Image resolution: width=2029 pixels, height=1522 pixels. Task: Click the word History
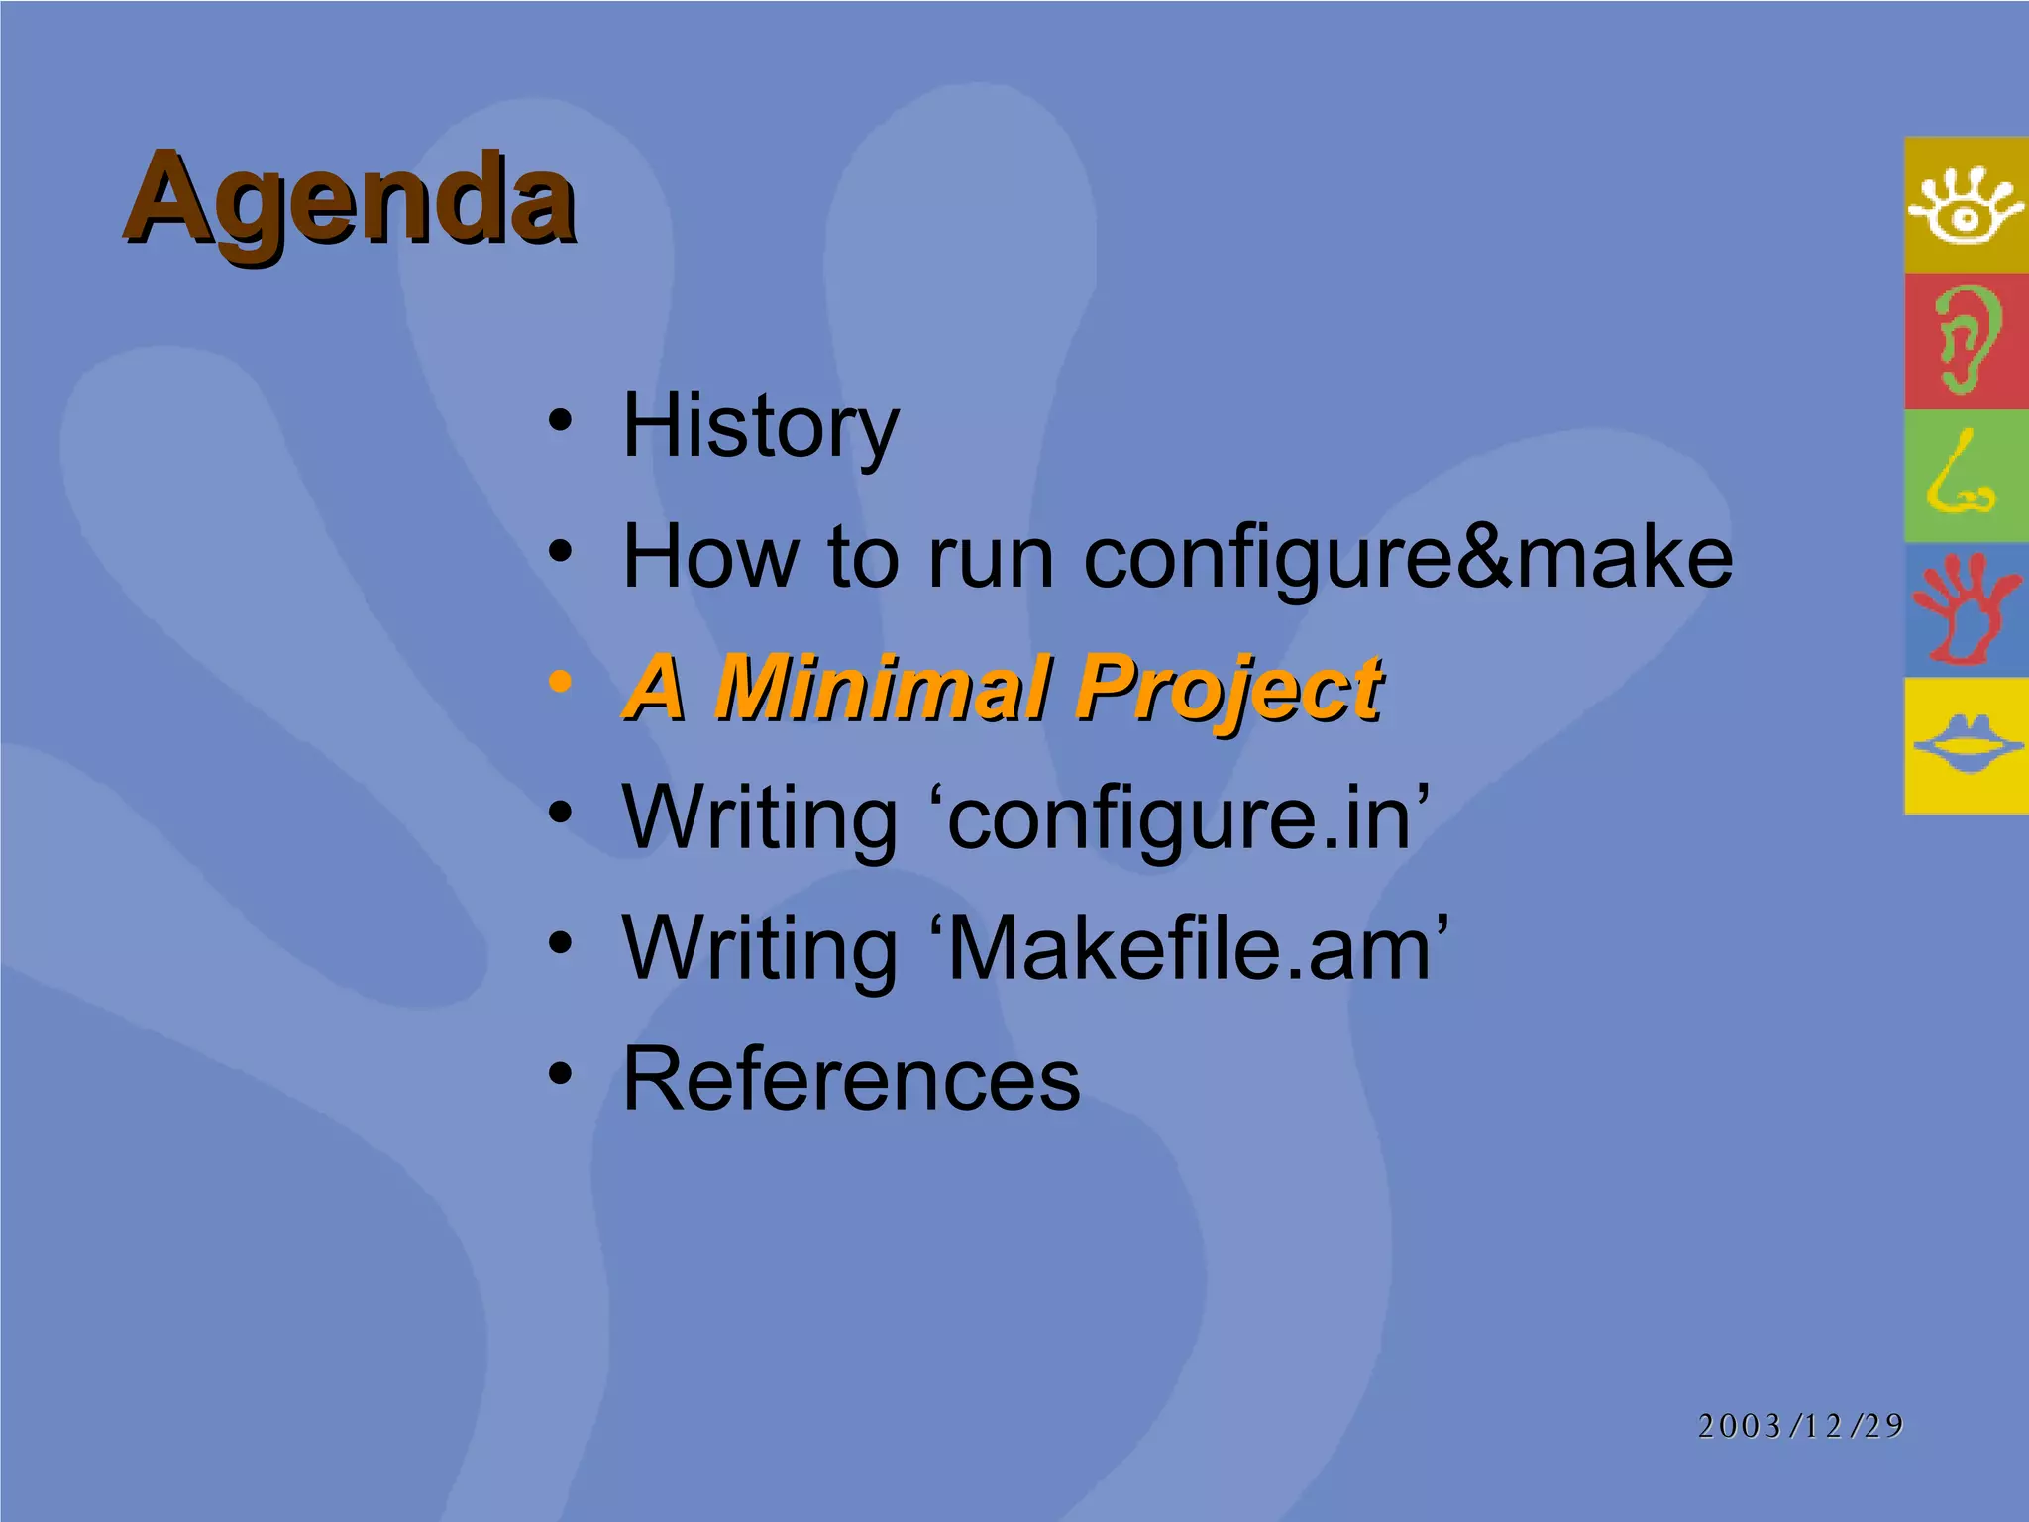[760, 426]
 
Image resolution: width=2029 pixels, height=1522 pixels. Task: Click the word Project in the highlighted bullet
[1229, 689]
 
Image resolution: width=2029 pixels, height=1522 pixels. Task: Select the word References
[851, 1079]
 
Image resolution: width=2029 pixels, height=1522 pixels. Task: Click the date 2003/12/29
[1800, 1426]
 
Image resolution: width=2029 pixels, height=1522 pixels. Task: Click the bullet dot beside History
[561, 420]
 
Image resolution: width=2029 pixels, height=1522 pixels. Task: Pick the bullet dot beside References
[561, 1073]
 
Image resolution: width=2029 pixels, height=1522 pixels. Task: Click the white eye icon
[1966, 206]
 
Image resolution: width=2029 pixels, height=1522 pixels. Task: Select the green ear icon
[1966, 341]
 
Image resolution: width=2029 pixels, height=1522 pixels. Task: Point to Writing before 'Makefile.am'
[760, 949]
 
